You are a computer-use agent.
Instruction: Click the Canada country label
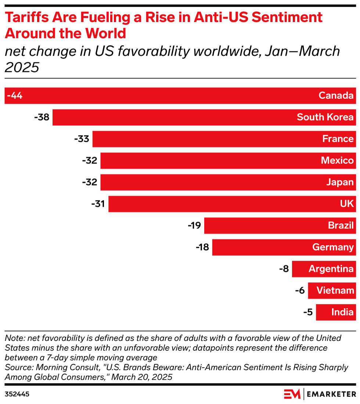tap(336, 96)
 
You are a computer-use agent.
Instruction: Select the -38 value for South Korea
tap(42, 118)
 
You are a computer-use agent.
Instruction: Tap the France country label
tap(338, 139)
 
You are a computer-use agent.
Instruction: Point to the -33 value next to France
tap(82, 139)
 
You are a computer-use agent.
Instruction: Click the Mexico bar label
tap(337, 160)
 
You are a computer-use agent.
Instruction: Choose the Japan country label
tap(340, 182)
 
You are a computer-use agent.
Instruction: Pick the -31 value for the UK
tap(98, 204)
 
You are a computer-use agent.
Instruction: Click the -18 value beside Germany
tap(202, 247)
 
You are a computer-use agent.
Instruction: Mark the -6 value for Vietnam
tap(300, 291)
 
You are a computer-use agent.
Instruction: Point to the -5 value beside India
tap(308, 312)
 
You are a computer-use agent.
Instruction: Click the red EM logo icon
tap(292, 394)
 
